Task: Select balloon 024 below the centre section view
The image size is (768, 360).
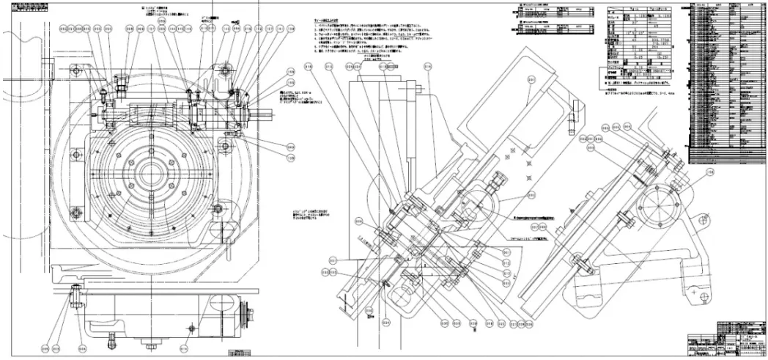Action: pyautogui.click(x=385, y=320)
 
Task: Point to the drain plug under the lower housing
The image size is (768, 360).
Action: pyautogui.click(x=111, y=339)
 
